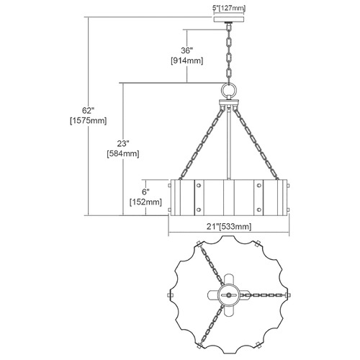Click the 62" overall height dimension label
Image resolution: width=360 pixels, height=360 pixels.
pyautogui.click(x=88, y=111)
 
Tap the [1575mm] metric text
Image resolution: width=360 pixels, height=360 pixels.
pyautogui.click(x=88, y=121)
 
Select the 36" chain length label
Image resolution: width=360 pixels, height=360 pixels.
pyautogui.click(x=187, y=50)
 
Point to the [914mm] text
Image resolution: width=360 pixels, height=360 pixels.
pyautogui.click(x=187, y=60)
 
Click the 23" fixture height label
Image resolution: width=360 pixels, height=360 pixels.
pyautogui.click(x=123, y=143)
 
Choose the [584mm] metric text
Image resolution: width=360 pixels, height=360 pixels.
pyautogui.click(x=123, y=153)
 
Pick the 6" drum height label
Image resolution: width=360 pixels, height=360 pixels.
pyautogui.click(x=145, y=192)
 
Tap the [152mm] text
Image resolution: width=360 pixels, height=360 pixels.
pyautogui.click(x=145, y=202)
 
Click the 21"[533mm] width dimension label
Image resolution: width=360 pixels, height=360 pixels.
pyautogui.click(x=229, y=226)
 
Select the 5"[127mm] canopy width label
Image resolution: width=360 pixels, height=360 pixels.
pyautogui.click(x=229, y=8)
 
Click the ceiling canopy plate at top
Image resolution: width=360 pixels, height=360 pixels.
pyautogui.click(x=229, y=19)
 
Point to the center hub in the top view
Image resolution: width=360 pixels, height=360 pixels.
pyautogui.click(x=229, y=294)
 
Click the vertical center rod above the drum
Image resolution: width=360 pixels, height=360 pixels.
pyautogui.click(x=229, y=143)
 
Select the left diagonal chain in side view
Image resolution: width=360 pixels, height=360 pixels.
pyautogui.click(x=202, y=144)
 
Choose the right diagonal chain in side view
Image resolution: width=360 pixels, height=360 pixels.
pyautogui.click(x=256, y=144)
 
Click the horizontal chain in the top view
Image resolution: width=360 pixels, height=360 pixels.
pyautogui.click(x=262, y=294)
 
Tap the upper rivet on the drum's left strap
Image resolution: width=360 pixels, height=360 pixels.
pyautogui.click(x=199, y=185)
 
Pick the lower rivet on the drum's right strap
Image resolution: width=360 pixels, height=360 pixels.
pyautogui.click(x=258, y=210)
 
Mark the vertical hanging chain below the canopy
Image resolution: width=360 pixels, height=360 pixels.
pyautogui.click(x=229, y=53)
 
